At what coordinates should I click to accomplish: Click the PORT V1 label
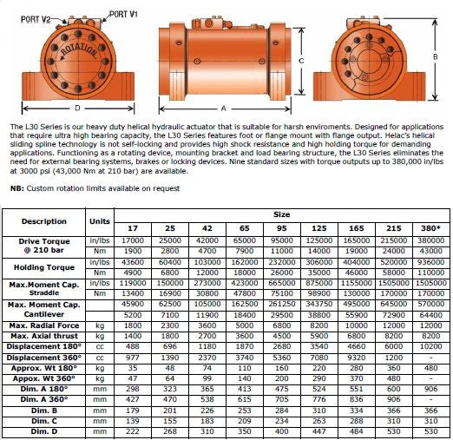[123, 14]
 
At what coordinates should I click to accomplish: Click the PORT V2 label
[36, 19]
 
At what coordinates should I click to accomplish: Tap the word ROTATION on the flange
[79, 50]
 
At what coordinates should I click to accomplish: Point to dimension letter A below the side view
[223, 108]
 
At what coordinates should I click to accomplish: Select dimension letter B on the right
[435, 57]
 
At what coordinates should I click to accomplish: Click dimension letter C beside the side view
[301, 61]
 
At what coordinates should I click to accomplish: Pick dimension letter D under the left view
[77, 108]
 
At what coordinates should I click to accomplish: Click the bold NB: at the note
[17, 188]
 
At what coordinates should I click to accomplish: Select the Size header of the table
[281, 214]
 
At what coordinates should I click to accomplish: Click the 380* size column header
[430, 228]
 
